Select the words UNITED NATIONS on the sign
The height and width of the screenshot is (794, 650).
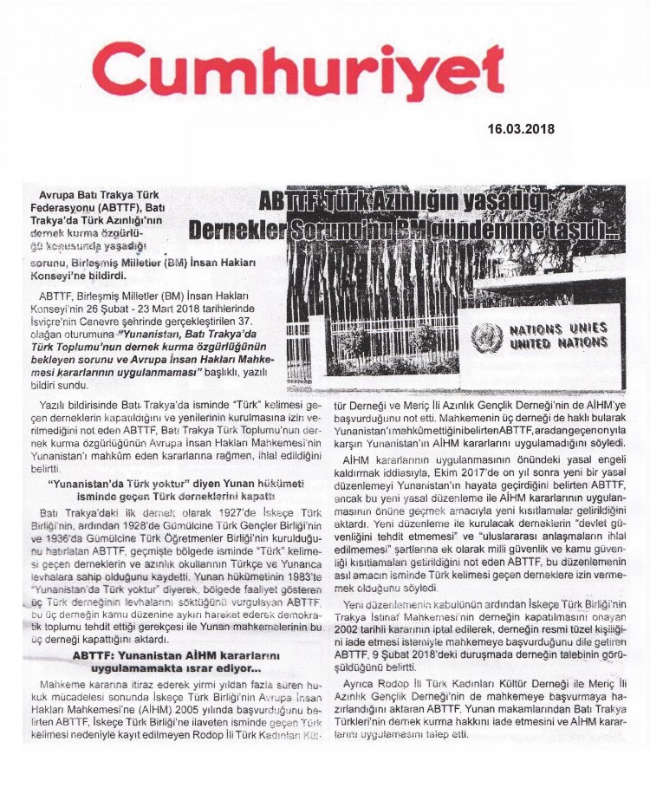tap(558, 343)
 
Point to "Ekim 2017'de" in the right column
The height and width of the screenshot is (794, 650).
tap(507, 471)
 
